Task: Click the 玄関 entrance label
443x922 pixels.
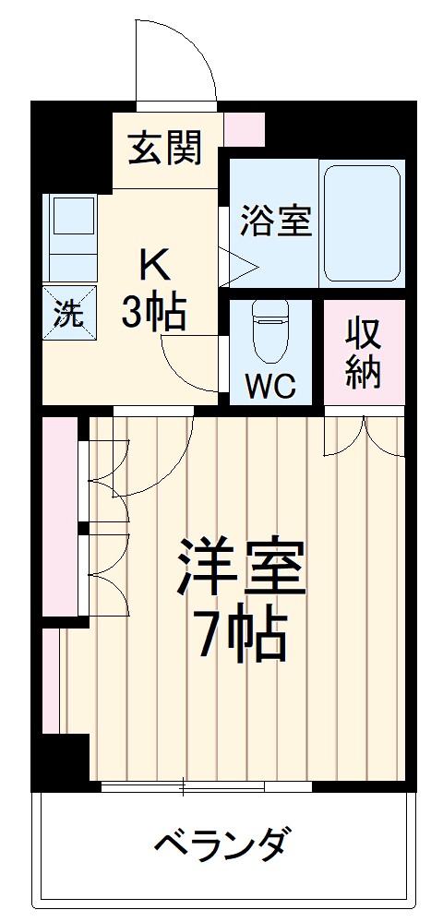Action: pos(166,147)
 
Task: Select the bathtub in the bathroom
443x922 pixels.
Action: pos(363,222)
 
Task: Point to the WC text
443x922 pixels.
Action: pos(270,386)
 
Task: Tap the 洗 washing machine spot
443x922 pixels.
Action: pos(66,313)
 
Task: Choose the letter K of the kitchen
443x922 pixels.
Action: pos(154,265)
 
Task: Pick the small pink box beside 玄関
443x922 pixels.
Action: pos(245,128)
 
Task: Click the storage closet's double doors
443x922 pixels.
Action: pos(364,434)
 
